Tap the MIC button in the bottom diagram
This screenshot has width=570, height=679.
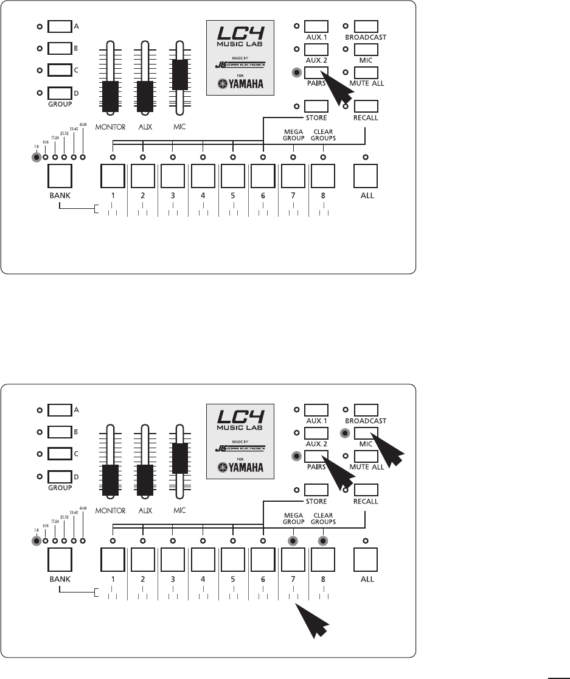[x=366, y=433]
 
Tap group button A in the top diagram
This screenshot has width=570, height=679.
[x=60, y=26]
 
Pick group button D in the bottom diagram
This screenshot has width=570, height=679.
[x=60, y=476]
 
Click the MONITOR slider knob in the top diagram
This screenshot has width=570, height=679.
[x=109, y=94]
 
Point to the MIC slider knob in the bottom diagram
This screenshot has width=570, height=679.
[x=180, y=458]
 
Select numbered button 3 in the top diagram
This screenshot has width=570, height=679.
[x=173, y=177]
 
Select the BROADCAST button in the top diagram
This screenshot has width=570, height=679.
[x=366, y=26]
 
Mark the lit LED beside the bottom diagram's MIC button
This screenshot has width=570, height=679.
[x=346, y=434]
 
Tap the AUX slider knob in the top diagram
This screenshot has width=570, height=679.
[x=145, y=94]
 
